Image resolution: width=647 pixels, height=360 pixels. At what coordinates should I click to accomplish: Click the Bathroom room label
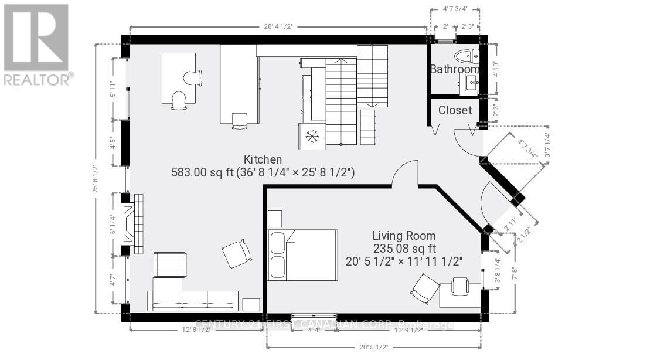[x=455, y=69]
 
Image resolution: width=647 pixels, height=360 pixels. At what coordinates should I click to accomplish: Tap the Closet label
[x=455, y=110]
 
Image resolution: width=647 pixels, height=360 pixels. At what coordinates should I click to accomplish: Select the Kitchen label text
[x=263, y=159]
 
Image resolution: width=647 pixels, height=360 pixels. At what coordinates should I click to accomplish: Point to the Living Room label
[x=404, y=236]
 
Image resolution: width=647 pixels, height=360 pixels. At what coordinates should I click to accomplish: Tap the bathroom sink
[x=471, y=84]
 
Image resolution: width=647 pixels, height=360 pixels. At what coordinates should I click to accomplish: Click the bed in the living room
[x=302, y=254]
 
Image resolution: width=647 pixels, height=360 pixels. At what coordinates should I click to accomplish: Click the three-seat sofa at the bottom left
[x=193, y=300]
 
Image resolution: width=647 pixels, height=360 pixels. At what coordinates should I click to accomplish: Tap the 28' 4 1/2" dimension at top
[x=277, y=26]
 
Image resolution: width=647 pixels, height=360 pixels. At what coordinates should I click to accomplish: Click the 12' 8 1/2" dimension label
[x=196, y=330]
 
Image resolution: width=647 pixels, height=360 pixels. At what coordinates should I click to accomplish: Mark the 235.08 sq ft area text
[x=404, y=249]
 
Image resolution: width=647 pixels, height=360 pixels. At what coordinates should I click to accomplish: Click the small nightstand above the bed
[x=275, y=219]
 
